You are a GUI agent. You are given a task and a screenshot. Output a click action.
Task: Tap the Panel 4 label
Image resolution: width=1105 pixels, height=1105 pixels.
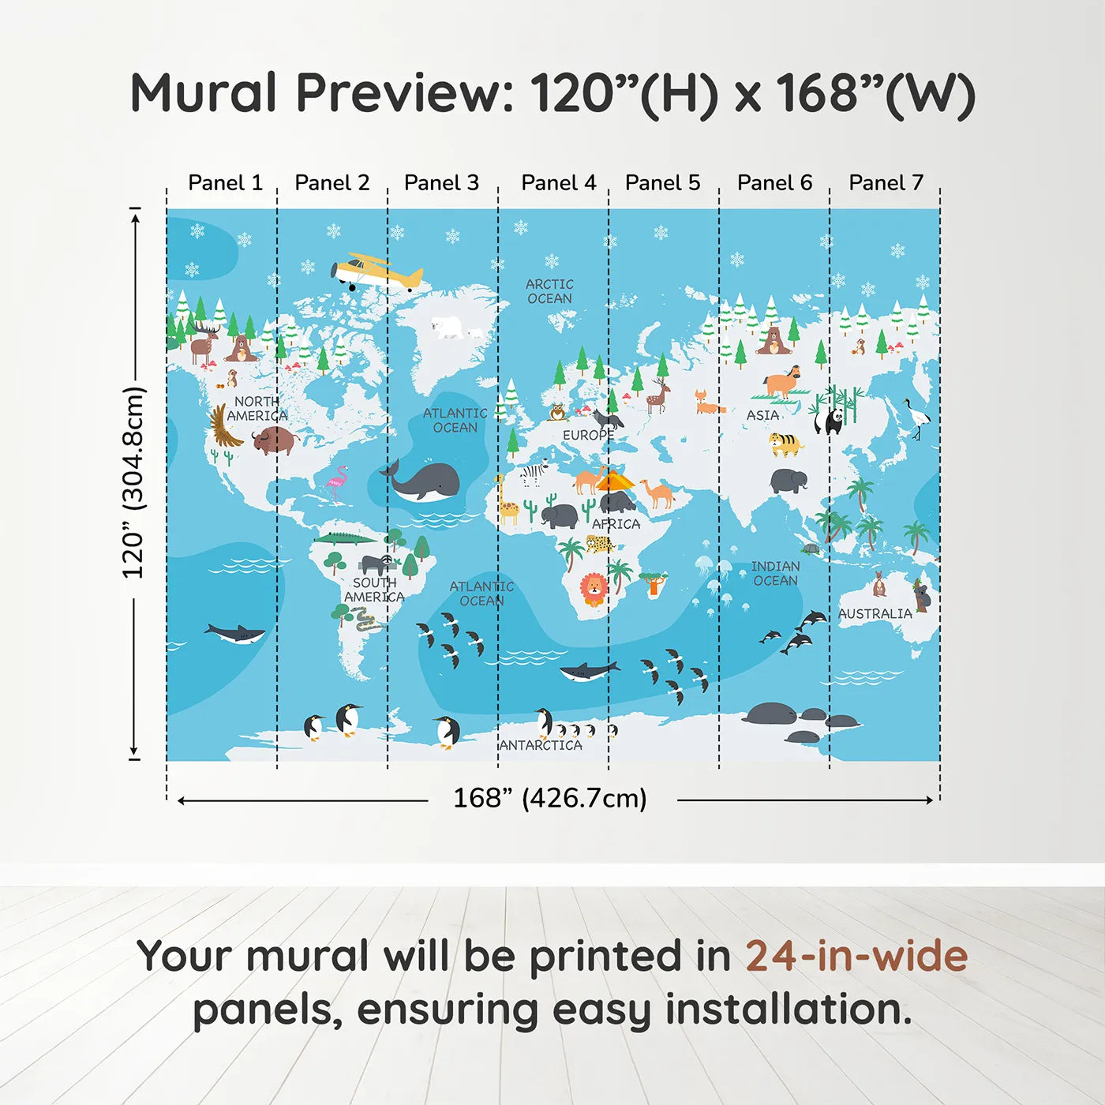[558, 183]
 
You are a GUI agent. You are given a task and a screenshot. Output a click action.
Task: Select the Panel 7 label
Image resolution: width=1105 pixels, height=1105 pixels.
[886, 183]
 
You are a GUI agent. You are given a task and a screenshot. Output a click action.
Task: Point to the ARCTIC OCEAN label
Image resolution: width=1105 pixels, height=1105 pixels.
[549, 291]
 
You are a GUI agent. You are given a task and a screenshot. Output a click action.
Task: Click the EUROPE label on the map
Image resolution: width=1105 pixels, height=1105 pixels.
[587, 435]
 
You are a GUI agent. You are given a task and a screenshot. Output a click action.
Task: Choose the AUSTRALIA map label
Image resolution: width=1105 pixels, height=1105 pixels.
[875, 613]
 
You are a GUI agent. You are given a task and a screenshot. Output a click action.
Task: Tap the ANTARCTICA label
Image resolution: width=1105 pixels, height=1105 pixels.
[541, 745]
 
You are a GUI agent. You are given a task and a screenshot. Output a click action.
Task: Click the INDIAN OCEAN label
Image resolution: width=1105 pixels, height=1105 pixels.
[775, 574]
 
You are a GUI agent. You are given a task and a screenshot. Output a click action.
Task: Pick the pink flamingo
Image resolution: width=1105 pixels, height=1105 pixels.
[338, 482]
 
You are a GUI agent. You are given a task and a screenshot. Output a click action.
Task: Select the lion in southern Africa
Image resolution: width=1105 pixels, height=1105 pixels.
[594, 589]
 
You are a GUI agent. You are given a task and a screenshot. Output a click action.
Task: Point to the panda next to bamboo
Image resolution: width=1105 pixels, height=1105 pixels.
[830, 419]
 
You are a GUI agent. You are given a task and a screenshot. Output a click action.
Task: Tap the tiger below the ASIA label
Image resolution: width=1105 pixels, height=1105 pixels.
[785, 444]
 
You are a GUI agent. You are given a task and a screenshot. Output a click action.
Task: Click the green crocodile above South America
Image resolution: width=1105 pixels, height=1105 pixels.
[345, 539]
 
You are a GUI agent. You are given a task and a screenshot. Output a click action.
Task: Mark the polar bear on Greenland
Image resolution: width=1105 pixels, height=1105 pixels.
[448, 327]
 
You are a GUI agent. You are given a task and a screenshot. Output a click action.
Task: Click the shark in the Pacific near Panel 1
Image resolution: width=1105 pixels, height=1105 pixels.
[235, 633]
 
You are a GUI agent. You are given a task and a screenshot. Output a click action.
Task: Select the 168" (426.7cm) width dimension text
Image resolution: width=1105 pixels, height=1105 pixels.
[549, 798]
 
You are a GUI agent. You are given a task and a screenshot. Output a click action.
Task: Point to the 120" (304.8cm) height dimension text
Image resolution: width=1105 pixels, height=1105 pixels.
[133, 482]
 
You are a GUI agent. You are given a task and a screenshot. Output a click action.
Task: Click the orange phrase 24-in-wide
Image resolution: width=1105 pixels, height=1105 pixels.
[856, 956]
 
